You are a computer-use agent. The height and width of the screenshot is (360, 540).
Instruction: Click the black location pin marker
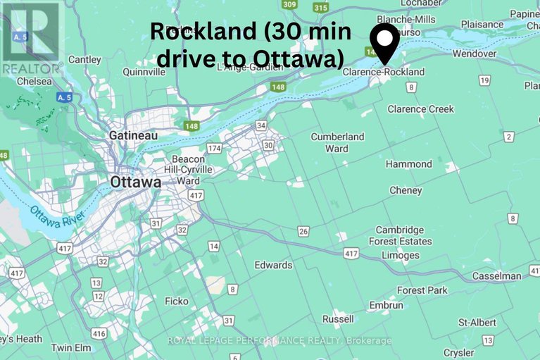click(x=385, y=42)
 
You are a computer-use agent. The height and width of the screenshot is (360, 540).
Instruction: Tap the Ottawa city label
click(x=135, y=182)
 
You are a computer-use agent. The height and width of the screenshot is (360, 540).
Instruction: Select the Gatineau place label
click(x=133, y=135)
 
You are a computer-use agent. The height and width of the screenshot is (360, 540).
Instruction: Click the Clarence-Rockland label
click(x=384, y=72)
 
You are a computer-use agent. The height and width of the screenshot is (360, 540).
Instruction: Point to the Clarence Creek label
click(x=420, y=109)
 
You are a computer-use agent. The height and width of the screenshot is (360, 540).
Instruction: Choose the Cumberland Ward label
click(x=337, y=142)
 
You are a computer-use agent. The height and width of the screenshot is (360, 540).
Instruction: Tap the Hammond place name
click(x=408, y=164)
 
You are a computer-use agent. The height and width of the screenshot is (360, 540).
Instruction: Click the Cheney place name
click(x=406, y=190)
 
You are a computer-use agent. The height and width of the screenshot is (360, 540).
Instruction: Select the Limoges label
click(x=399, y=256)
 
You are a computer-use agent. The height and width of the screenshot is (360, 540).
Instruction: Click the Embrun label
click(x=386, y=306)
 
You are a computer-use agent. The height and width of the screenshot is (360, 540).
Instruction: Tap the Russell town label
click(x=338, y=319)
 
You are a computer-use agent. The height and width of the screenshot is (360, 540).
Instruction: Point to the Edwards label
click(x=273, y=265)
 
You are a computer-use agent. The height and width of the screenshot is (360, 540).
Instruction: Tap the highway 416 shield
click(x=99, y=333)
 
